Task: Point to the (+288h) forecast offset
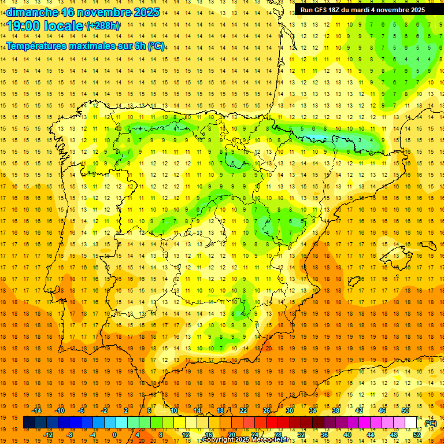pyautogui.click(x=102, y=26)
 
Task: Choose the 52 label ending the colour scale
pyautogui.click(x=416, y=435)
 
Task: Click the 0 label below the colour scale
pyautogui.click(x=115, y=435)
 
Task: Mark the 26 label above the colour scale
pyautogui.click(x=266, y=410)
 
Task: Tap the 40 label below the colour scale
pyautogui.click(x=347, y=435)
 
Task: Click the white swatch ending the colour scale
pyautogui.click(x=410, y=423)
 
